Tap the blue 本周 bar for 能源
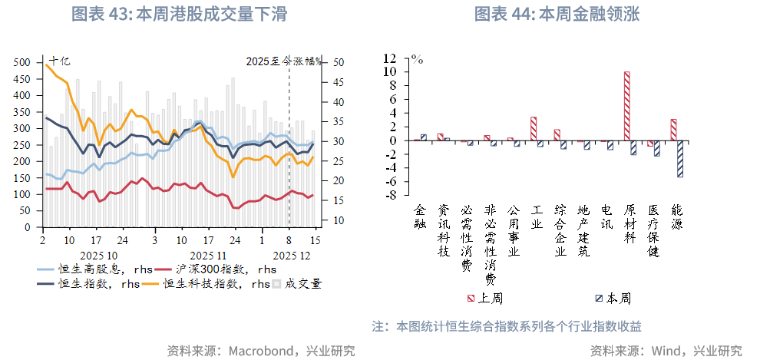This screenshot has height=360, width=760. pyautogui.click(x=680, y=159)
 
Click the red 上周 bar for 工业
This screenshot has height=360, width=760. pyautogui.click(x=534, y=129)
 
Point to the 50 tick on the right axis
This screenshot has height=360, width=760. pyautogui.click(x=339, y=62)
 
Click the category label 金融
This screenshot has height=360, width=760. pyautogui.click(x=420, y=216)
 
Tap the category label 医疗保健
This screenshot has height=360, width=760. pyautogui.click(x=653, y=231)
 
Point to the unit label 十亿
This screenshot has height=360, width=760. pyautogui.click(x=59, y=61)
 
